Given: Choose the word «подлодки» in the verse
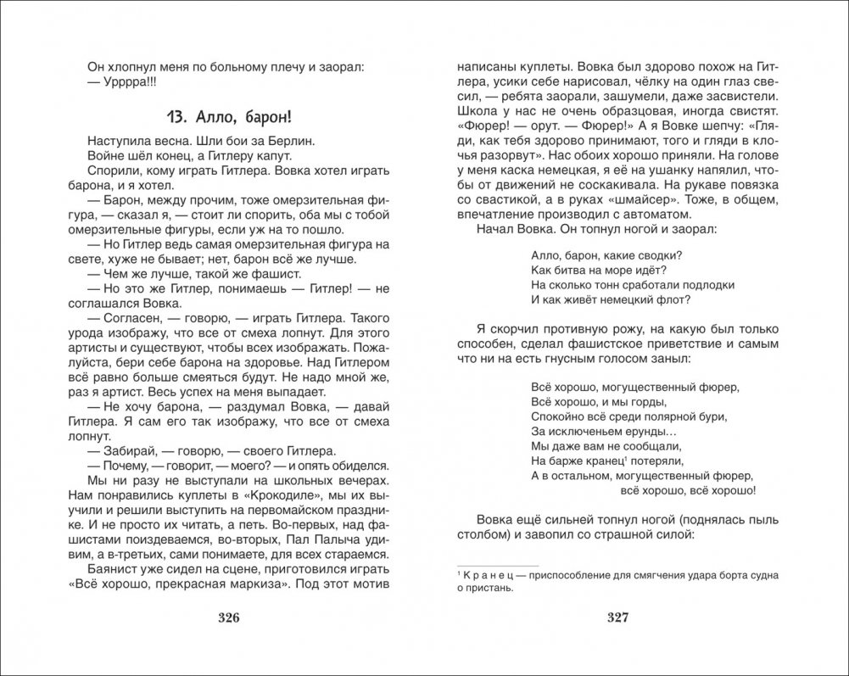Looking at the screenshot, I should [x=706, y=285].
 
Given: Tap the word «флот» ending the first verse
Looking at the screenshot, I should [x=675, y=300].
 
